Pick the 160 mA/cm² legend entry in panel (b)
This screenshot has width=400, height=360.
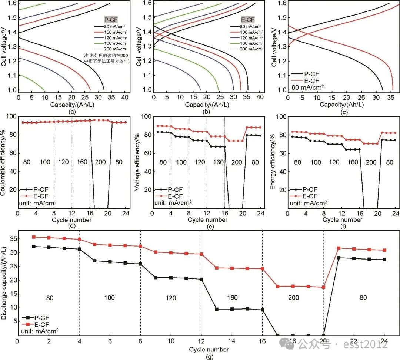pos(247,43)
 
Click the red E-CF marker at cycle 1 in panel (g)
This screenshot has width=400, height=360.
pos(33,237)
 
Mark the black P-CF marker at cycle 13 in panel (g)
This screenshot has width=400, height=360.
pos(217,309)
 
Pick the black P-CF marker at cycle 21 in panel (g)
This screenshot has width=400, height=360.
pos(339,258)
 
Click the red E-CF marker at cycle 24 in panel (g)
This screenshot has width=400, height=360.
pos(384,250)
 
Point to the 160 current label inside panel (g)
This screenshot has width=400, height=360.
pos(232,298)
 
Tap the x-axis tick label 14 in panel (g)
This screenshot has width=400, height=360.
pos(232,341)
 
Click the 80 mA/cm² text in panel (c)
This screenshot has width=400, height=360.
pos(307,88)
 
